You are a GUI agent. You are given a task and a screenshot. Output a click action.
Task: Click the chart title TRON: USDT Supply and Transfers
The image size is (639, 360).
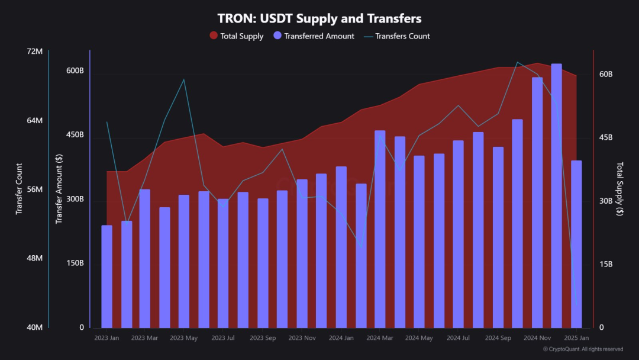[x=319, y=18]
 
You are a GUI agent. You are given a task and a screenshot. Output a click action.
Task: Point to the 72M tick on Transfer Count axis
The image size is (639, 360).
[x=35, y=52]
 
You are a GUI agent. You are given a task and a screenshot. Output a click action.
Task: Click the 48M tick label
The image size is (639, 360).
[x=35, y=259]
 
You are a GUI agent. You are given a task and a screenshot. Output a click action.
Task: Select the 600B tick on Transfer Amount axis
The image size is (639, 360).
[x=75, y=71]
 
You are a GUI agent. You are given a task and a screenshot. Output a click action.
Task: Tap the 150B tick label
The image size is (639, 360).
[x=75, y=263]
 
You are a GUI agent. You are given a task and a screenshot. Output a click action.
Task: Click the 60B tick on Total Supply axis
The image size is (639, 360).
[x=605, y=74]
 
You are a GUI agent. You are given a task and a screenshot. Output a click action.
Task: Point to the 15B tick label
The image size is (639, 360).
[x=605, y=264]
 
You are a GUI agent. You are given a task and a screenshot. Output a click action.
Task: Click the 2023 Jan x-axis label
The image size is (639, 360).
[x=106, y=338]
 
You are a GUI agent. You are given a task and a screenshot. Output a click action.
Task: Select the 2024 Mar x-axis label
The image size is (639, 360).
[x=380, y=338]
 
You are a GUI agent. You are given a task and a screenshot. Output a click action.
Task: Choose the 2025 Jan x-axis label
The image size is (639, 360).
[x=576, y=338]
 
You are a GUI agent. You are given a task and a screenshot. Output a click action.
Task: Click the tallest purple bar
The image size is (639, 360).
[x=556, y=195]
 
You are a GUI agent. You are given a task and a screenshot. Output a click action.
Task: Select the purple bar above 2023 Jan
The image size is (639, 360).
[x=106, y=277]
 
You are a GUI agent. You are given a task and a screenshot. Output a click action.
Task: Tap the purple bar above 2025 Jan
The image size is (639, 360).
[x=576, y=244]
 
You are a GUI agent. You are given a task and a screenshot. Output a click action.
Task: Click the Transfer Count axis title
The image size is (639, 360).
[x=19, y=189]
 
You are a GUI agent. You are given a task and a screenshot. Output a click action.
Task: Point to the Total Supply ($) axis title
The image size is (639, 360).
[x=619, y=189]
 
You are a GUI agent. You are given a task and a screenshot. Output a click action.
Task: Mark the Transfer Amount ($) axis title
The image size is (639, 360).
[x=59, y=189]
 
